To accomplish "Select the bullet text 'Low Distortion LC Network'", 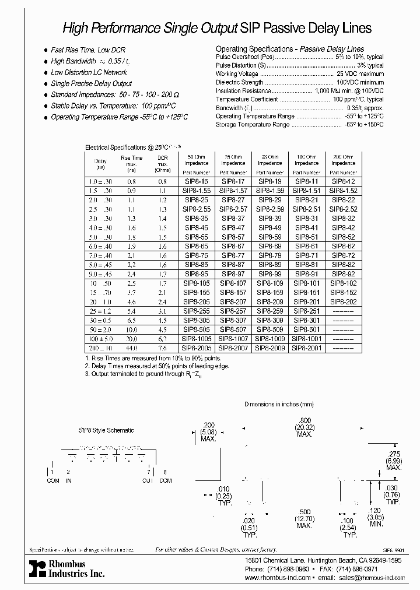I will click(88, 72).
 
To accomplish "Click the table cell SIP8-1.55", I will click(196, 190).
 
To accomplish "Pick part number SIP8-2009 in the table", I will click(269, 347).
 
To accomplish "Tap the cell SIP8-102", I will click(343, 282).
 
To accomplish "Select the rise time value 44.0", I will click(131, 347).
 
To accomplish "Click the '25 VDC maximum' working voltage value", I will click(360, 74).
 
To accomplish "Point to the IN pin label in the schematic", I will click(69, 480).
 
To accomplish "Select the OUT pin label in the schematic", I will click(148, 480).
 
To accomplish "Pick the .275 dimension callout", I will click(394, 454).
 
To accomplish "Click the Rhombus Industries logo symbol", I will click(37, 568).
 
